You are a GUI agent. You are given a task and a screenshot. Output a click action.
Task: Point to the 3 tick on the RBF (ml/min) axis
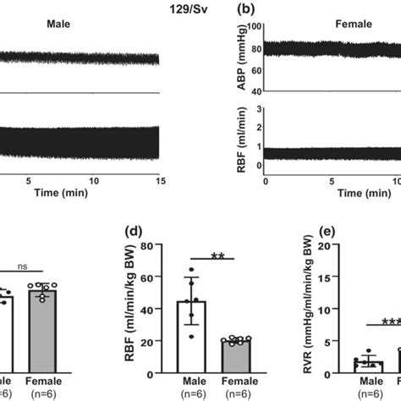click(x=256, y=110)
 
